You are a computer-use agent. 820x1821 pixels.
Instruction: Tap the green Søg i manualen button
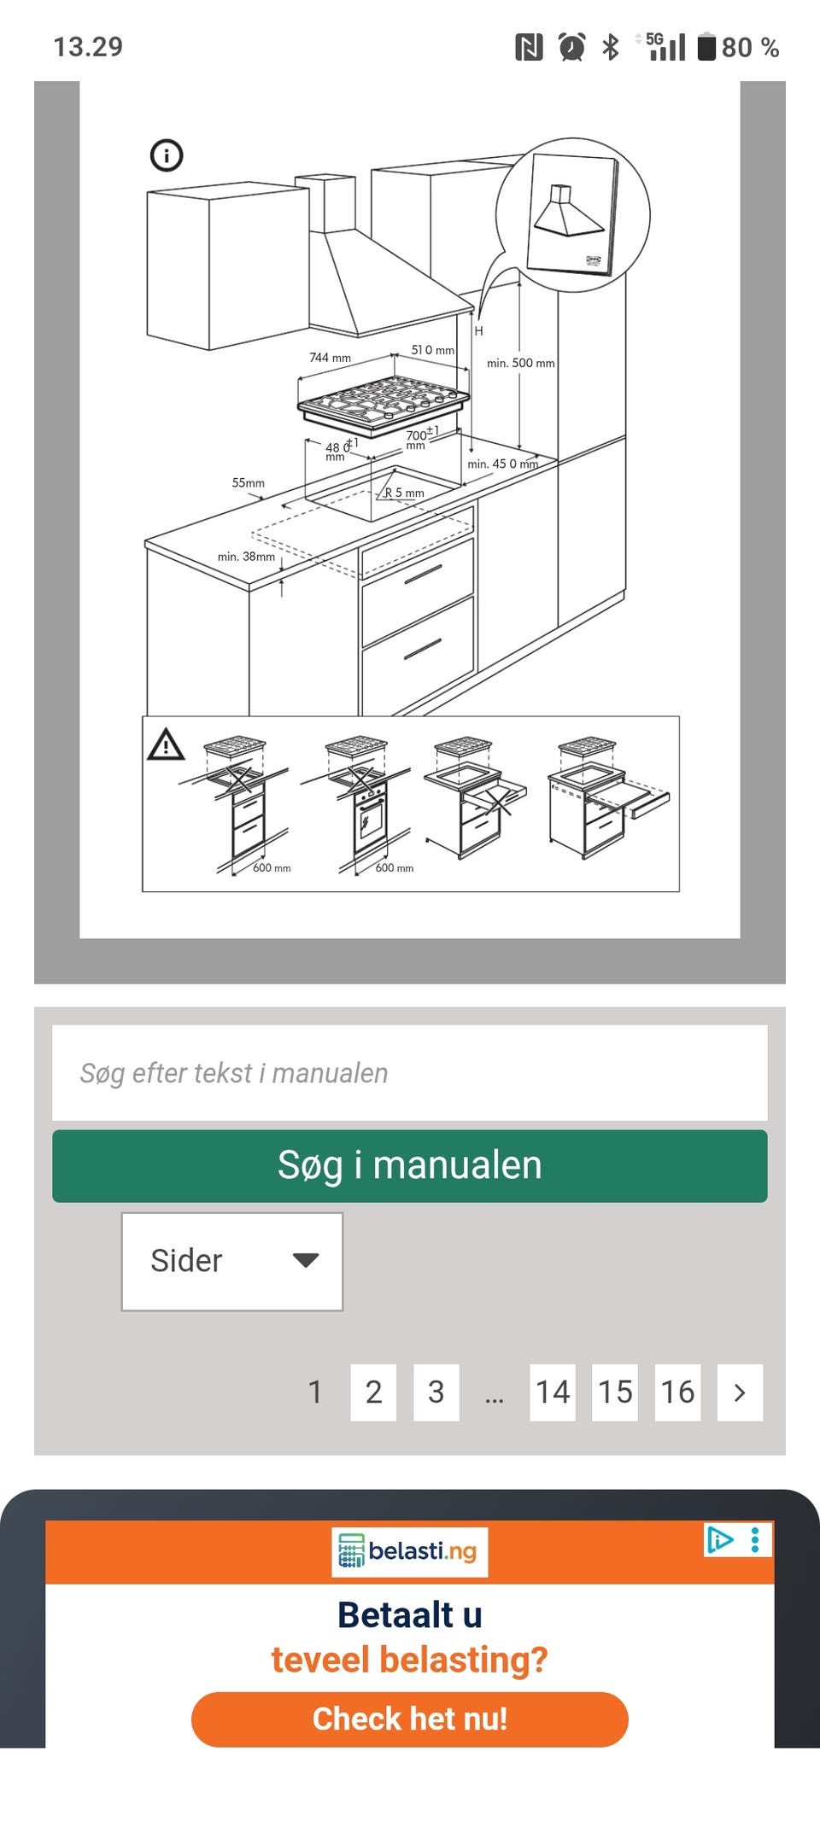pyautogui.click(x=410, y=1165)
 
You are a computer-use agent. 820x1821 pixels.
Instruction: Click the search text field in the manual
pyautogui.click(x=410, y=1072)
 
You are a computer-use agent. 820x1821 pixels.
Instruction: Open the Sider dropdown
pyautogui.click(x=232, y=1261)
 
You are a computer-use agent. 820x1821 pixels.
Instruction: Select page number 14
pyautogui.click(x=553, y=1392)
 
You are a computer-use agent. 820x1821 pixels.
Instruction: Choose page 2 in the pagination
pyautogui.click(x=373, y=1392)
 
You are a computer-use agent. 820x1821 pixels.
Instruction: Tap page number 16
pyautogui.click(x=677, y=1392)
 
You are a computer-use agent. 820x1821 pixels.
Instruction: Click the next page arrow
pyautogui.click(x=740, y=1392)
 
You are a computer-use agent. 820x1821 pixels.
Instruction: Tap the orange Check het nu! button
pyautogui.click(x=410, y=1719)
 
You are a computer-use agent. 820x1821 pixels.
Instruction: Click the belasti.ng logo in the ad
pyautogui.click(x=409, y=1551)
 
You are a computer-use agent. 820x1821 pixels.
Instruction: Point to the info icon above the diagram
pyautogui.click(x=167, y=155)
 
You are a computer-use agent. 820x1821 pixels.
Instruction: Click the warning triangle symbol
pyautogui.click(x=166, y=744)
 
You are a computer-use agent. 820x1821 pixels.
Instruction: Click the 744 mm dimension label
pyautogui.click(x=330, y=358)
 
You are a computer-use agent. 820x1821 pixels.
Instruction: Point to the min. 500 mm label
pyautogui.click(x=521, y=363)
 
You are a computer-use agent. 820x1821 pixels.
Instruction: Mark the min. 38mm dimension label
pyautogui.click(x=246, y=557)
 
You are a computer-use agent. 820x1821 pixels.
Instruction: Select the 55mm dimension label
pyautogui.click(x=248, y=483)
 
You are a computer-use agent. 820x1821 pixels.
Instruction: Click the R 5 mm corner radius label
pyautogui.click(x=404, y=493)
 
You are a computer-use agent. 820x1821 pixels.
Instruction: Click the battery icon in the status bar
pyautogui.click(x=706, y=46)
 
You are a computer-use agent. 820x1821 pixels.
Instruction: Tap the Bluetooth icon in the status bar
pyautogui.click(x=610, y=46)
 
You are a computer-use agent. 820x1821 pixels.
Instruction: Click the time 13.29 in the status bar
pyautogui.click(x=88, y=46)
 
